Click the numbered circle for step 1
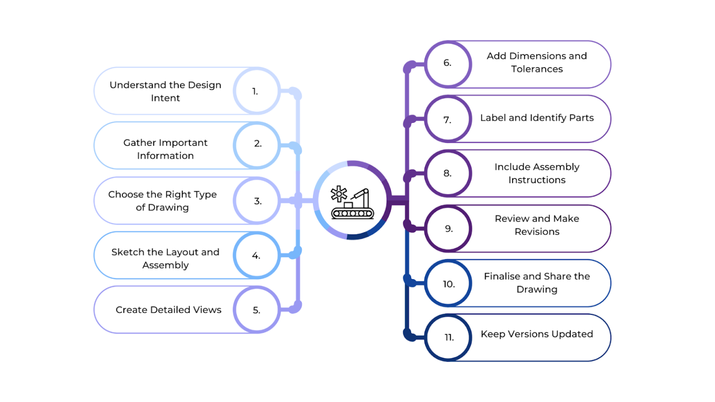click(256, 91)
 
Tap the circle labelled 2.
click(256, 145)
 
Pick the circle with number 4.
click(256, 255)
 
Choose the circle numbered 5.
click(256, 310)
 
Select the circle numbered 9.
click(448, 228)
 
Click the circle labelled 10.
click(448, 283)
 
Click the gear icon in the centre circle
click(339, 194)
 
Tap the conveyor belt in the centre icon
click(352, 214)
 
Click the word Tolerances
click(537, 69)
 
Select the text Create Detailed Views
click(169, 310)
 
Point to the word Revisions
click(537, 232)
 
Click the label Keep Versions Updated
click(537, 334)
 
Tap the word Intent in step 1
click(165, 98)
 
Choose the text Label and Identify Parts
click(537, 118)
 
